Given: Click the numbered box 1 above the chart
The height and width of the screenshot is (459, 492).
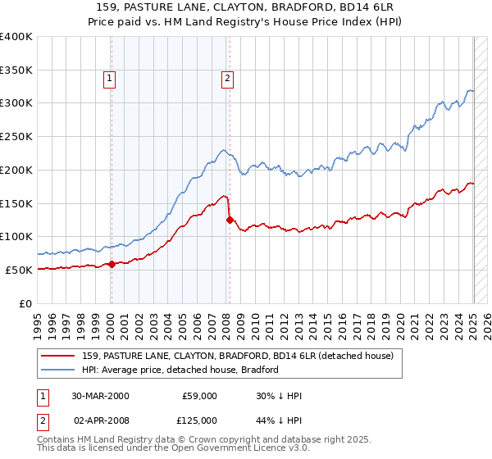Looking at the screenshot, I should coord(110,79).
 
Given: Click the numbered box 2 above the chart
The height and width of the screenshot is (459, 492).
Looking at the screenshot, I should coord(227,79).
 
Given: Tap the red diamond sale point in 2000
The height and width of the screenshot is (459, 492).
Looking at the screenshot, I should coord(112,264).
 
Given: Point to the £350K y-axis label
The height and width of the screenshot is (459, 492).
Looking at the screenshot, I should coord(16,70).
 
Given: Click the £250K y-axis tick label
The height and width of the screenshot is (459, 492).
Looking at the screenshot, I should coord(16,137).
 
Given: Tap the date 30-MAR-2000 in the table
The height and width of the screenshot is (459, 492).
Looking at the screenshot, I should coord(101,396).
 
